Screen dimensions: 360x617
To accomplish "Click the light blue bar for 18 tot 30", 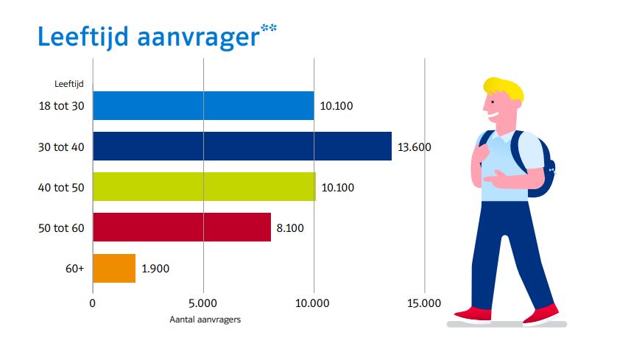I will (203, 106).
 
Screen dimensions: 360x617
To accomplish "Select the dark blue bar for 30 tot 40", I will (242, 147).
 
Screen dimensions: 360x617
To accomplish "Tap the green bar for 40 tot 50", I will (204, 187).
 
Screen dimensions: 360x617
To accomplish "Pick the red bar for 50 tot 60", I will (182, 227).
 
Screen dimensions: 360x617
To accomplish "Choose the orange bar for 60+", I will (114, 268).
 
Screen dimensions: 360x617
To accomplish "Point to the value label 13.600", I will (414, 147).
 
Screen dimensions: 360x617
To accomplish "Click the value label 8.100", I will (291, 228).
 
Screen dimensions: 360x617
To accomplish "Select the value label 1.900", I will (155, 269).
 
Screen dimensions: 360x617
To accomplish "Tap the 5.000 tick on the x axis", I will (203, 303).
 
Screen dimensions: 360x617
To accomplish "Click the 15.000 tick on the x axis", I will (424, 303).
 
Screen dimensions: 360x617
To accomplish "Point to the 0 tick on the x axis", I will (93, 303).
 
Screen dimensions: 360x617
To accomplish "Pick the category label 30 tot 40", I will (62, 147).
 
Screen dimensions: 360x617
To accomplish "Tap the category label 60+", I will (74, 269).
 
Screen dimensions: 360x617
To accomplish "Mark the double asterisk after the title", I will (269, 29).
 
